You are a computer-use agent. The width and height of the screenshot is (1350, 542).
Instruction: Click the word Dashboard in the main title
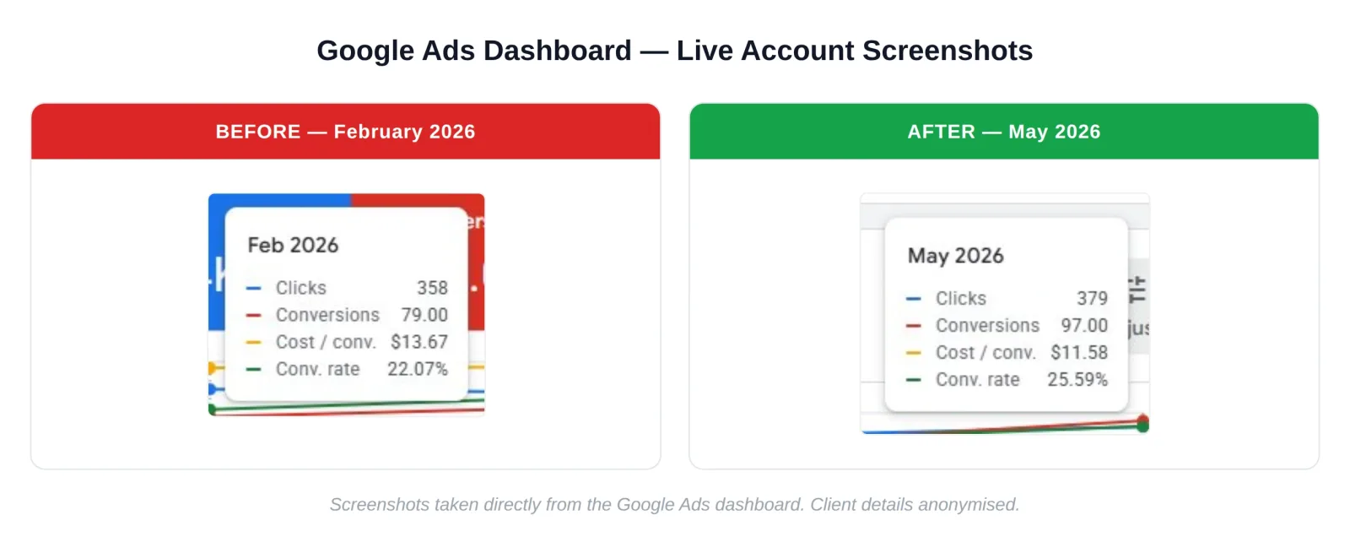pos(557,51)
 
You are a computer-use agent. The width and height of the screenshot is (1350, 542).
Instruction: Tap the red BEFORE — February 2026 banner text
pos(345,132)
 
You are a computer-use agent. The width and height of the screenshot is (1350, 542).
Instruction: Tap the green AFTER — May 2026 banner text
pos(1003,132)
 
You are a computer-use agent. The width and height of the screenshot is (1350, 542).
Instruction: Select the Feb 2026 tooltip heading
pos(293,245)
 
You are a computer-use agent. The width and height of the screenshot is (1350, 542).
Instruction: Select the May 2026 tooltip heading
pos(956,256)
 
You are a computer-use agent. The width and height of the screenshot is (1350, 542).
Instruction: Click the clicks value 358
pos(432,288)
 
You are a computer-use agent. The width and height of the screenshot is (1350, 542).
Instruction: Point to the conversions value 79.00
pos(424,315)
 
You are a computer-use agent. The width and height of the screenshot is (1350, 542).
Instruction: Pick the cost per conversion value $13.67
pos(418,342)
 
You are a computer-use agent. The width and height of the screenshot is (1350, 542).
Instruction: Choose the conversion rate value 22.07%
pos(417,369)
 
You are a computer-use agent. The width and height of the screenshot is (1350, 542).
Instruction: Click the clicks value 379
pos(1092,298)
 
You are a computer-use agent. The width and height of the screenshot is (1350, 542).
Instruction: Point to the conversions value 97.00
pos(1084,326)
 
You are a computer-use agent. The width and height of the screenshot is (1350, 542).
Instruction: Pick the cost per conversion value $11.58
pos(1079,352)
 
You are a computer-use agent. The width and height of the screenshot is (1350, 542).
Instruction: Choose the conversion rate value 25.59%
pos(1077,379)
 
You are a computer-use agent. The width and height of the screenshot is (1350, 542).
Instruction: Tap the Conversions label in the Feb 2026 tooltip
pos(327,315)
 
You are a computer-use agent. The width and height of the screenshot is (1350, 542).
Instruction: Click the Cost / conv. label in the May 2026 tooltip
pos(985,352)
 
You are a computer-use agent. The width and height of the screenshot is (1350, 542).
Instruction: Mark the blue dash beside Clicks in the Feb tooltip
pos(254,288)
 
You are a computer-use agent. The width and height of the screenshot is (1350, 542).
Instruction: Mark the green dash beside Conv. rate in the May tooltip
pos(914,380)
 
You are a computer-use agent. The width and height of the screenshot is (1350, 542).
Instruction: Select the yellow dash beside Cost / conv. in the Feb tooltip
pos(254,343)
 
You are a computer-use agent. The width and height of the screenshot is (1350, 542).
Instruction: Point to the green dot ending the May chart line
pos(1142,426)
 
